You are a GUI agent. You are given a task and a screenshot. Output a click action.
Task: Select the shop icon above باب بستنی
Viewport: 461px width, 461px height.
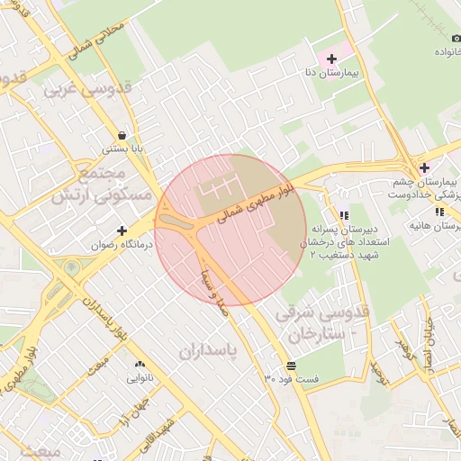click(122, 135)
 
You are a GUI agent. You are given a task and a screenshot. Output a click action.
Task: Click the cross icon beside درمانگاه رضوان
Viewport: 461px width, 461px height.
click(122, 230)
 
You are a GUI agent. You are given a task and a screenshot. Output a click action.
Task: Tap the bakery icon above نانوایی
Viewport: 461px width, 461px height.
click(140, 365)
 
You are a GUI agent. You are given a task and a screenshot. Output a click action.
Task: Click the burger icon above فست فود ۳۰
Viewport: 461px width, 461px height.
click(291, 366)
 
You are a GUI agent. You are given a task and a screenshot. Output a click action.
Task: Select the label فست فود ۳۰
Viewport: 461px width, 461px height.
click(291, 379)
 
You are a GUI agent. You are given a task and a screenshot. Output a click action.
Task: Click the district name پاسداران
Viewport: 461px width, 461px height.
click(212, 351)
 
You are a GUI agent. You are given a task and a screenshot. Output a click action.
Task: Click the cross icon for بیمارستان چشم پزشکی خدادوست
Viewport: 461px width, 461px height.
click(424, 167)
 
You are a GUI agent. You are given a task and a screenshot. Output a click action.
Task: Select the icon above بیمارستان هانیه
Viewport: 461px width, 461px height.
click(439, 212)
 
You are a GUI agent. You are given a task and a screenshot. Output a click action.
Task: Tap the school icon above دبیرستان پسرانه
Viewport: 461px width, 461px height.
click(344, 215)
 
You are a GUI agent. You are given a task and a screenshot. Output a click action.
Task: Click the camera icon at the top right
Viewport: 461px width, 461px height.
click(456, 39)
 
